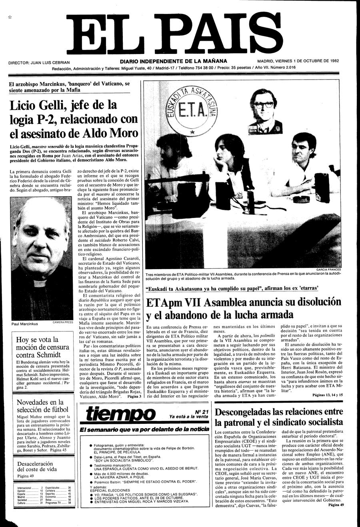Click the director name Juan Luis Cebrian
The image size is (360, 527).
coord(39,62)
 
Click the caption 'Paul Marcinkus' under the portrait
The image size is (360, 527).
coord(25,324)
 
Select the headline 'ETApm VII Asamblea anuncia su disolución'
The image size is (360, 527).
coord(244,308)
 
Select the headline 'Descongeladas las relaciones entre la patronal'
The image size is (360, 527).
coord(279,417)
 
